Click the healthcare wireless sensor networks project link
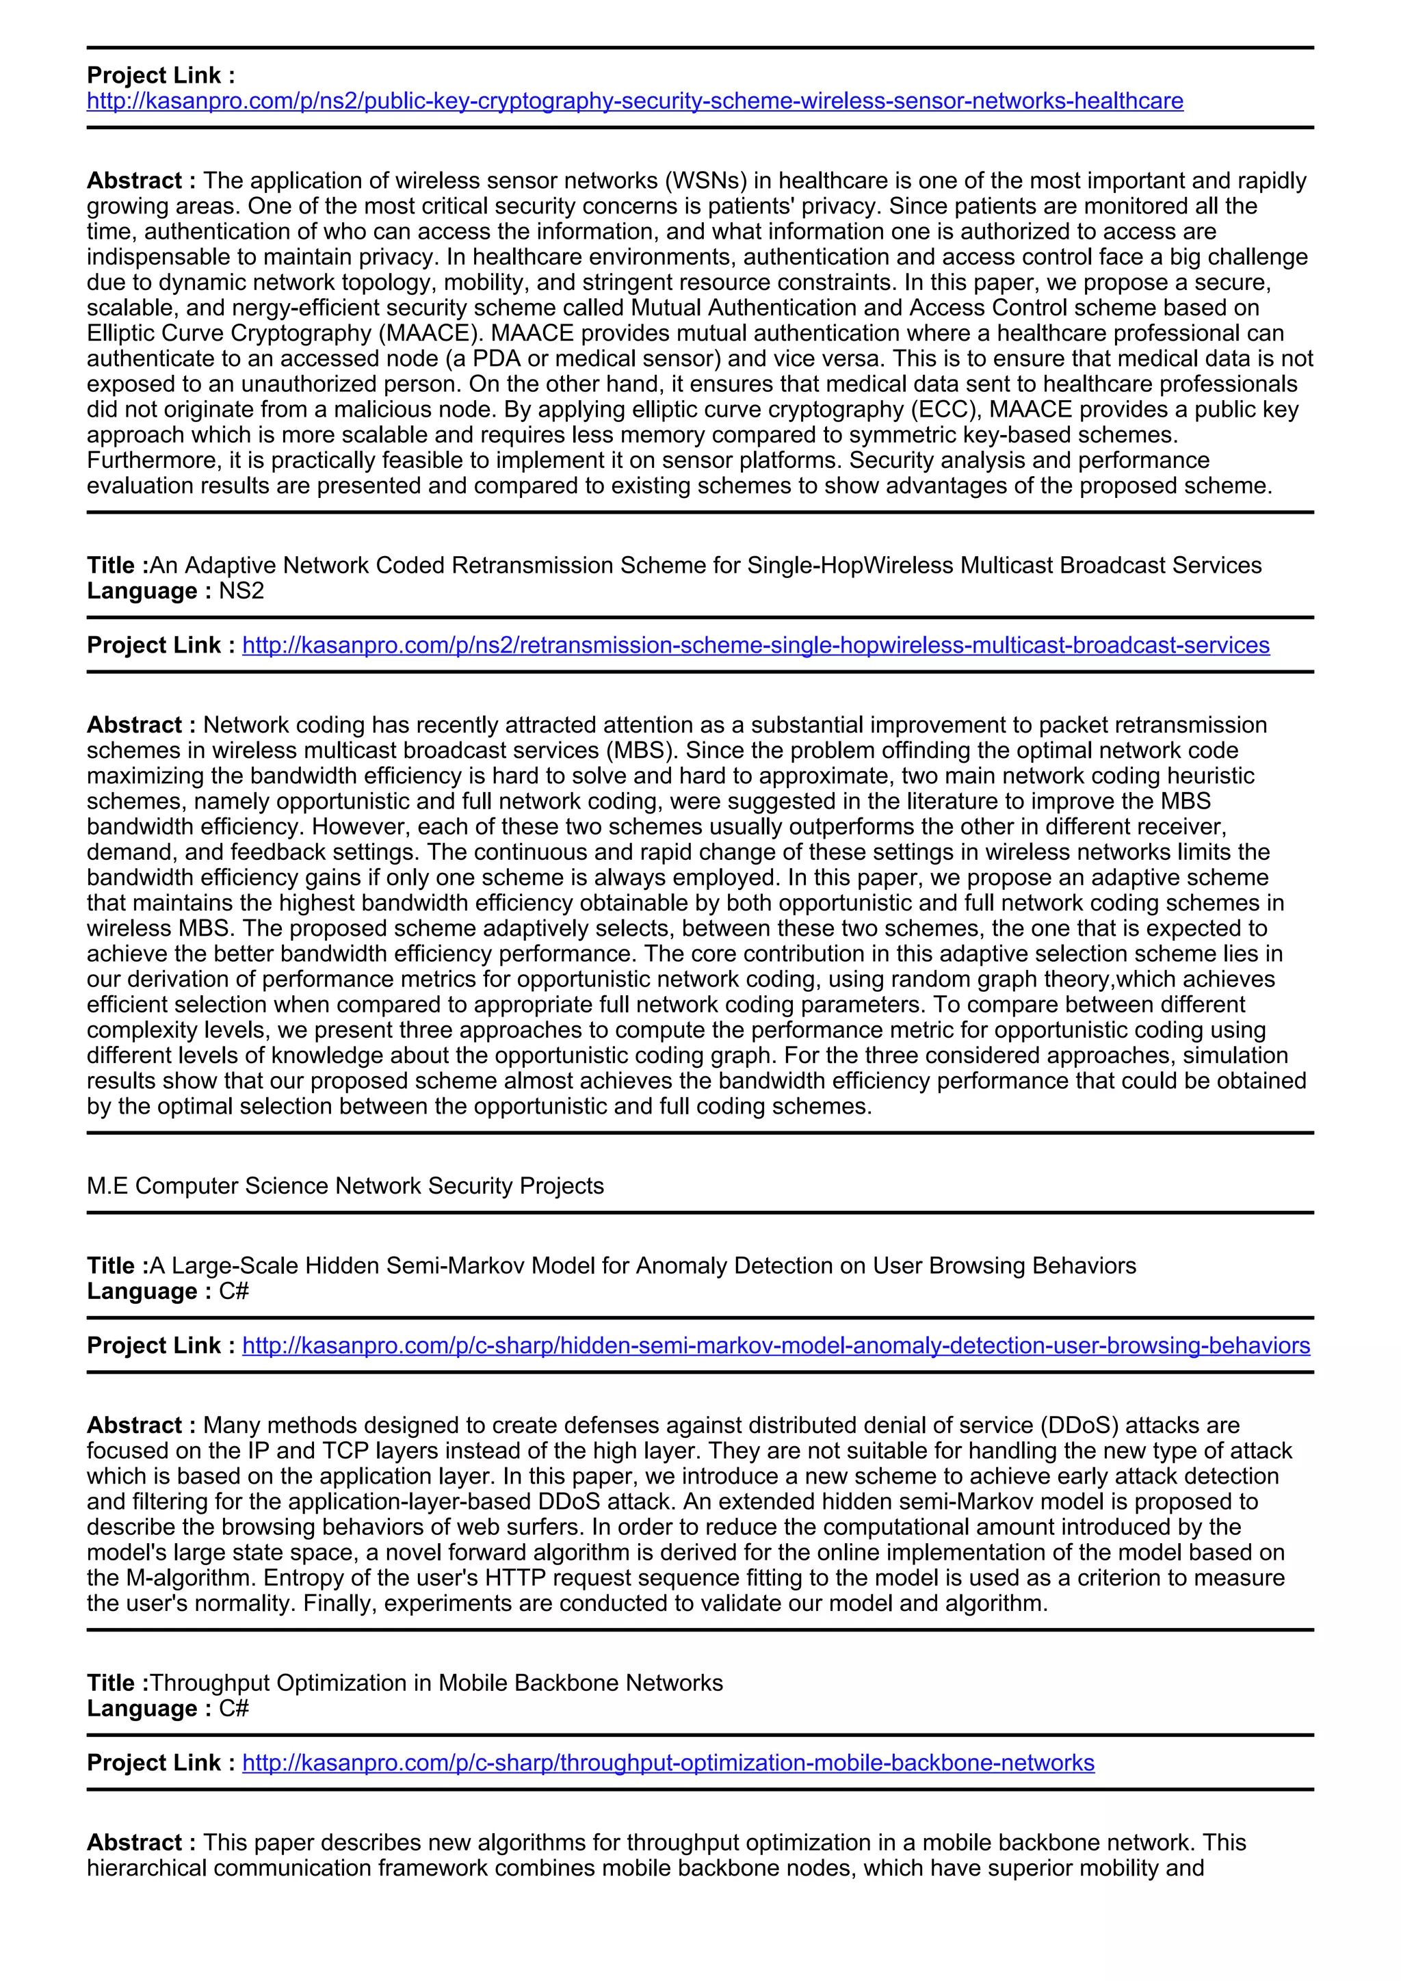[635, 101]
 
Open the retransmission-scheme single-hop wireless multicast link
[756, 645]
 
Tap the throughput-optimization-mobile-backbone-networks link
[668, 1763]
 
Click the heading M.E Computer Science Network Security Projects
[345, 1185]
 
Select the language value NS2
[241, 591]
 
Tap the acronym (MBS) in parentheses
[641, 750]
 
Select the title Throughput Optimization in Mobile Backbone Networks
[436, 1683]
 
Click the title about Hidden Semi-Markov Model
[643, 1265]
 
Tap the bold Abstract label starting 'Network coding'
[142, 725]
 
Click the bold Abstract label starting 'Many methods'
[142, 1426]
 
